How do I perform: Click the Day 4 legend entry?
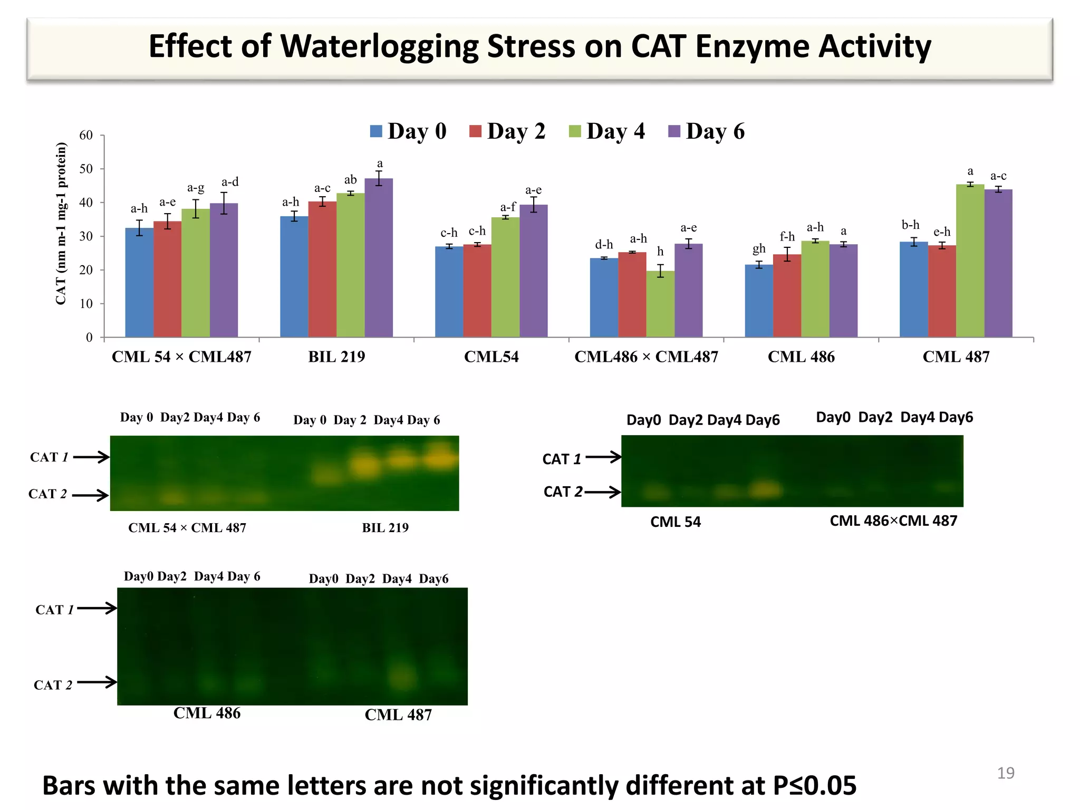pos(607,131)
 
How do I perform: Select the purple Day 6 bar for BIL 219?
pos(379,258)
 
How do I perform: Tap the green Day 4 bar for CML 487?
pos(970,261)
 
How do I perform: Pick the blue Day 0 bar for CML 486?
pos(759,301)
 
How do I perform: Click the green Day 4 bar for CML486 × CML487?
pos(660,304)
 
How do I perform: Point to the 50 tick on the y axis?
pos(86,169)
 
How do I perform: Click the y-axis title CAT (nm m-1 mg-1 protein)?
pos(61,224)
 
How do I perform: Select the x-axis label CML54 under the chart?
pos(491,357)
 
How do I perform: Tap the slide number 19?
pos(1005,773)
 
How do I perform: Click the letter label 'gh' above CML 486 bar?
pos(759,248)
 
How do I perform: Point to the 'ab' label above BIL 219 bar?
pos(350,180)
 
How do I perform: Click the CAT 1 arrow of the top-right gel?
pos(603,457)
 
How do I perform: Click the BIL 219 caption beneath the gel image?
pos(385,528)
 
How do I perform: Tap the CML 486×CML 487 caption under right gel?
pos(893,521)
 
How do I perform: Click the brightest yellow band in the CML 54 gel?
pos(765,489)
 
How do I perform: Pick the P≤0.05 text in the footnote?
pos(814,786)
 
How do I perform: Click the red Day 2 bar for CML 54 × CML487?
pos(167,279)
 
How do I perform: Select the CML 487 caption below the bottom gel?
pos(398,715)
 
